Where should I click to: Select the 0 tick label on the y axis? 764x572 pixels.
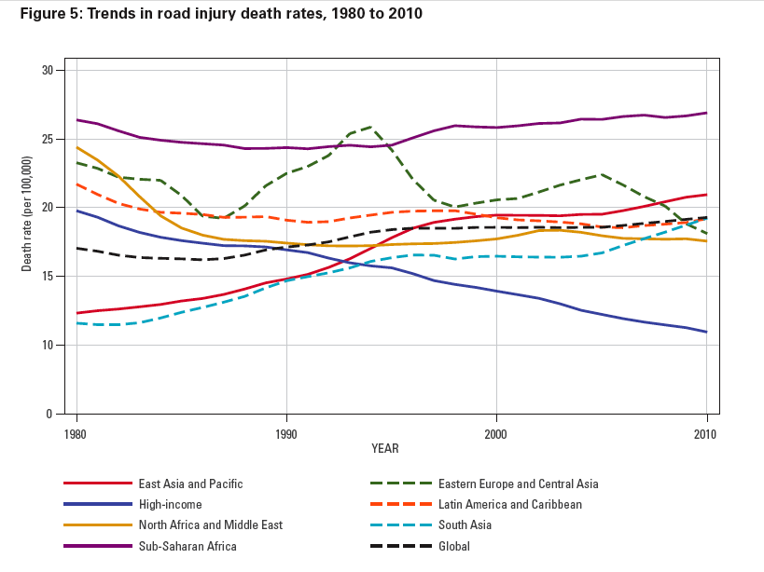[x=50, y=414]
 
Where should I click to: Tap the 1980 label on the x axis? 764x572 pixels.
[x=76, y=433]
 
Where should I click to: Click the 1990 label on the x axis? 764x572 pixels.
[x=286, y=433]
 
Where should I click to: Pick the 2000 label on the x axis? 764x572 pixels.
[x=496, y=433]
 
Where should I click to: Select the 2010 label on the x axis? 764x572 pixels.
[x=706, y=433]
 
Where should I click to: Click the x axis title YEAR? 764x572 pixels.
[x=384, y=449]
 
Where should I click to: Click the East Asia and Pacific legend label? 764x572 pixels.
[x=190, y=483]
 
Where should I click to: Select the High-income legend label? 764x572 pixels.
[x=171, y=504]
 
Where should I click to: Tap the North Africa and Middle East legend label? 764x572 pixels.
[x=210, y=525]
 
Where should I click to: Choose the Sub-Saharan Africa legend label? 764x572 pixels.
[x=188, y=546]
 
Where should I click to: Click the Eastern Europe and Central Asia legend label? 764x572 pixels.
[x=518, y=483]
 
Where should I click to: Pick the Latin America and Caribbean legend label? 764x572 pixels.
[x=509, y=504]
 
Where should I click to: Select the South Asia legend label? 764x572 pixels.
[x=465, y=525]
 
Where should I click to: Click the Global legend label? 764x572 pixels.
[x=454, y=546]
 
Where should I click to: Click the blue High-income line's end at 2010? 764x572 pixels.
[x=706, y=332]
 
